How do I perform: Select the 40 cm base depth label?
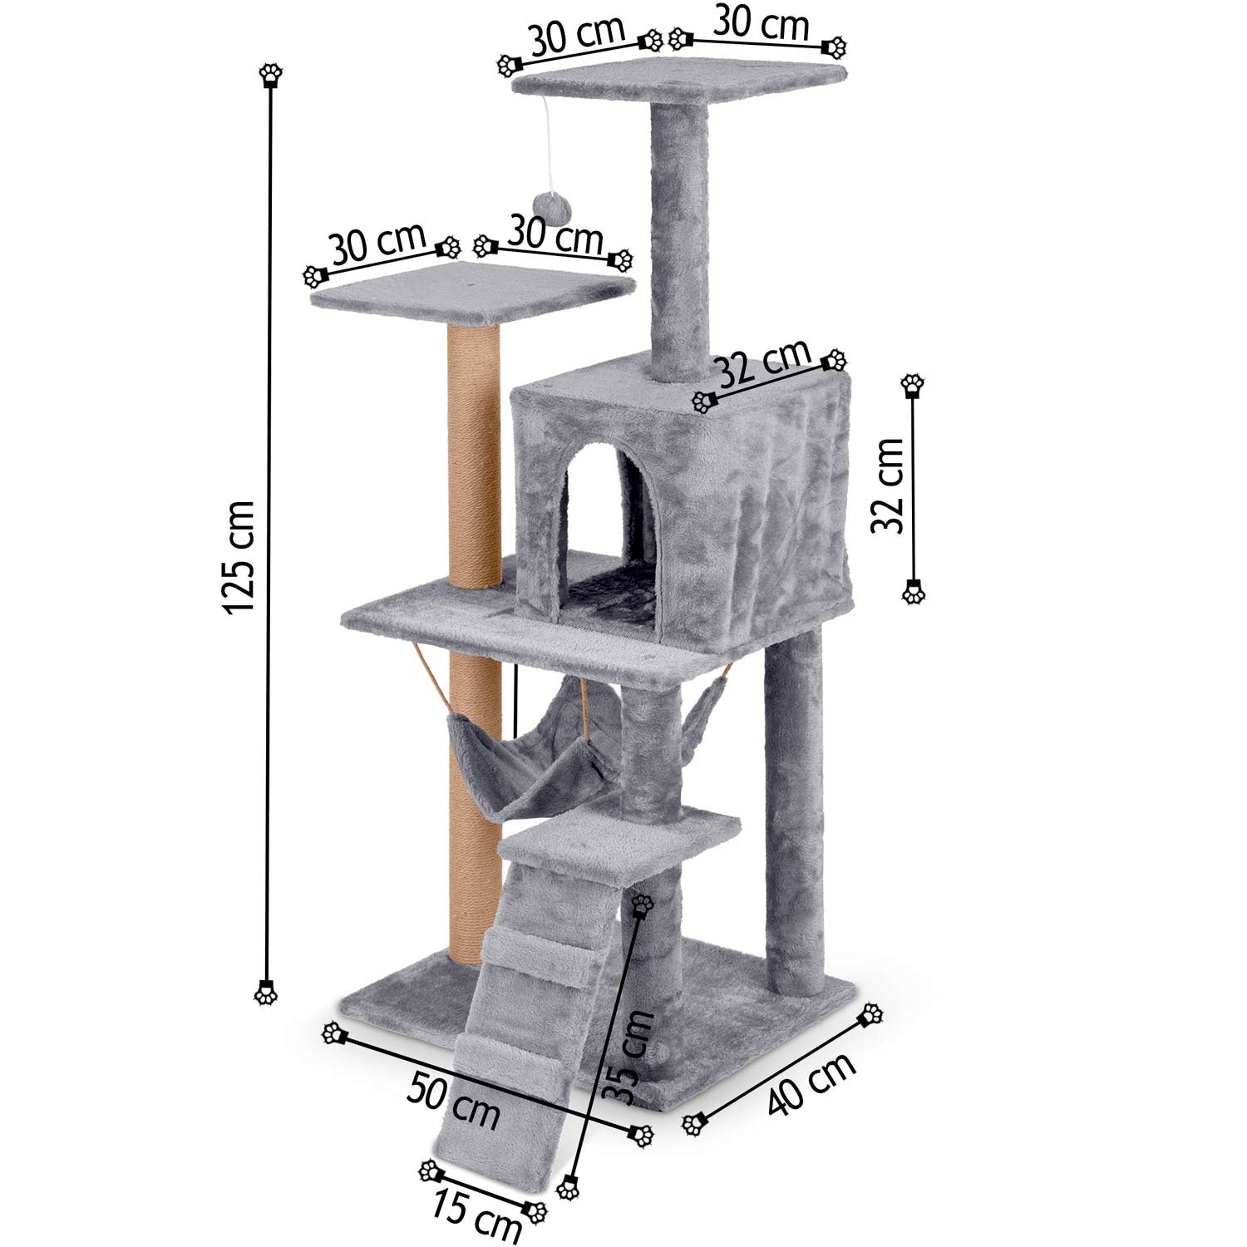(811, 1084)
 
